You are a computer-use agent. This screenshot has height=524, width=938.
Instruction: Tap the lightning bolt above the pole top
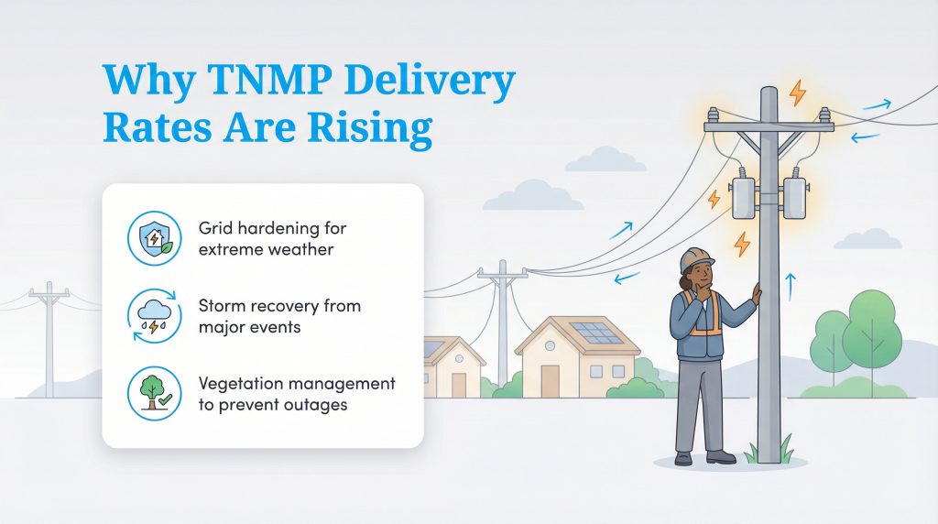(x=798, y=93)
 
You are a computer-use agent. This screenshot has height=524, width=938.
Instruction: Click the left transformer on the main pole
(x=743, y=197)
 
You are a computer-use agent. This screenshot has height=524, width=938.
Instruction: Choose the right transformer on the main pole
(x=793, y=197)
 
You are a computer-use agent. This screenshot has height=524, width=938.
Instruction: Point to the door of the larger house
(x=550, y=378)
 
